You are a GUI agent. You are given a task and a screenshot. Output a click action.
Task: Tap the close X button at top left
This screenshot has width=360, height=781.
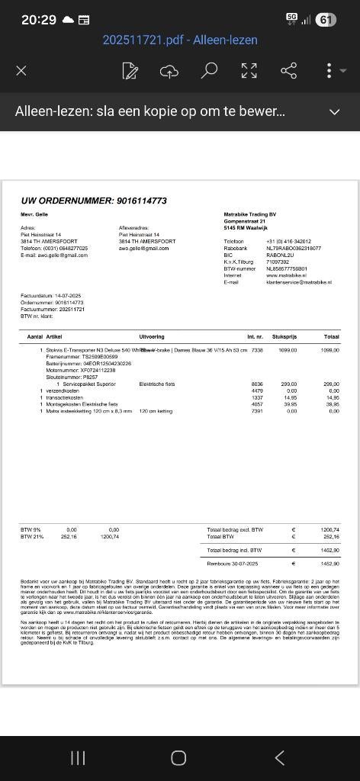21,71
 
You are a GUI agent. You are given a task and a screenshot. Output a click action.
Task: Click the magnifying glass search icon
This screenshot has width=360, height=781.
209,71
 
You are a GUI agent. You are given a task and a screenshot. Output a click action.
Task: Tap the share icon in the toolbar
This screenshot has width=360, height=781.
288,71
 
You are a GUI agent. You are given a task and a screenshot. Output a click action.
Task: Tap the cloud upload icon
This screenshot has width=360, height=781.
169,71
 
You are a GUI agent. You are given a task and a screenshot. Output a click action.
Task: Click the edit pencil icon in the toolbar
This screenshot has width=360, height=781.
130,71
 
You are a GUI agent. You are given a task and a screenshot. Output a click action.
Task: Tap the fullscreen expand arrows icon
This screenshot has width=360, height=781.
249,71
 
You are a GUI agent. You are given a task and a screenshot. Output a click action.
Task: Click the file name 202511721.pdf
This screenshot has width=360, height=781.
143,40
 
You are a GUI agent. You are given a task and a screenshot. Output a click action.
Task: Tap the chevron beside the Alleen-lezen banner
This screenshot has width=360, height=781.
334,111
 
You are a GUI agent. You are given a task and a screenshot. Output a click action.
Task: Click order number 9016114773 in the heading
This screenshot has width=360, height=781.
141,201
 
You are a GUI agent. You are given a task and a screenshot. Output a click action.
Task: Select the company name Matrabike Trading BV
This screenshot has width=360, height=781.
250,214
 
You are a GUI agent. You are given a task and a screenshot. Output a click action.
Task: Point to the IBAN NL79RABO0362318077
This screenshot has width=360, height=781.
294,248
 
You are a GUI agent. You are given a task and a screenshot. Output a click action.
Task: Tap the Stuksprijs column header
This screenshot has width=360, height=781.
284,336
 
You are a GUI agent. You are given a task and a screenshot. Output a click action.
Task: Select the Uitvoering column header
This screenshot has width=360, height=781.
152,336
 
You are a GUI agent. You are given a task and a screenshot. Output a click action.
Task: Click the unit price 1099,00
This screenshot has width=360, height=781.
288,350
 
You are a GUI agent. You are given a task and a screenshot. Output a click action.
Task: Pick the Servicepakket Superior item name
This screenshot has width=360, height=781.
89,384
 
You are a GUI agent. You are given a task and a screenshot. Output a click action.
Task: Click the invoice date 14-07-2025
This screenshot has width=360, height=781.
68,295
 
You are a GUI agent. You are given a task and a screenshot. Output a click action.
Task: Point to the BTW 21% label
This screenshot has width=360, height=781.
32,536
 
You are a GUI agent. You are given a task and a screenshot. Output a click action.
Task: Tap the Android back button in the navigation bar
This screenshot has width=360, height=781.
279,757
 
